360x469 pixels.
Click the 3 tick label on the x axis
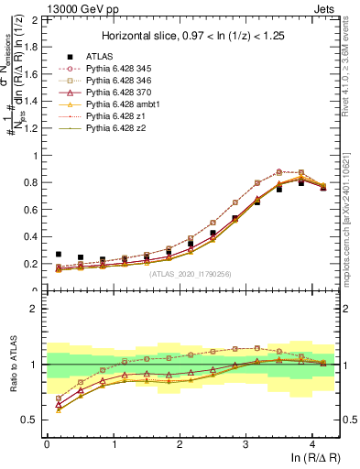245,443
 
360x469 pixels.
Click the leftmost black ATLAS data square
59,255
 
